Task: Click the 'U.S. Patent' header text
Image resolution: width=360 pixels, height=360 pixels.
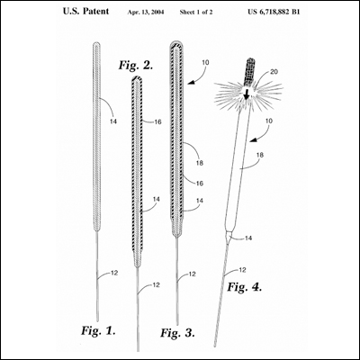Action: [x=85, y=12]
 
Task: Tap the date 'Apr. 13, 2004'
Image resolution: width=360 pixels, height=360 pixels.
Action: [x=146, y=13]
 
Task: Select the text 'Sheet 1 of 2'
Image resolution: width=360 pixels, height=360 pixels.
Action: [x=196, y=13]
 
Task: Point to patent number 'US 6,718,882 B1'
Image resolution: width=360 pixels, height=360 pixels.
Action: [x=274, y=12]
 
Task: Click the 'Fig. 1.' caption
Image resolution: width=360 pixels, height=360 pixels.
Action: [x=98, y=330]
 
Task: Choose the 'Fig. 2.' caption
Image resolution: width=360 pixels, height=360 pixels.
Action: [x=136, y=65]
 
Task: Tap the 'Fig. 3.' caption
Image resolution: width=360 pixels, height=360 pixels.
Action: [x=177, y=332]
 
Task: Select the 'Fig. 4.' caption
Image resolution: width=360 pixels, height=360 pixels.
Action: [x=245, y=287]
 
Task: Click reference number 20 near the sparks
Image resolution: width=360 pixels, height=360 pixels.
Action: [x=274, y=72]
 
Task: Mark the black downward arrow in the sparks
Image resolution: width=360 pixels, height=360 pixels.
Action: [x=247, y=94]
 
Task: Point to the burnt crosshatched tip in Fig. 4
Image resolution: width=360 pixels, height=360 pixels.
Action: [x=249, y=71]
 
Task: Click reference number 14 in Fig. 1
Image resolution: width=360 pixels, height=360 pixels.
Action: [x=113, y=121]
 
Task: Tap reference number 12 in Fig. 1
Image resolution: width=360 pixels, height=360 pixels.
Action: [x=114, y=273]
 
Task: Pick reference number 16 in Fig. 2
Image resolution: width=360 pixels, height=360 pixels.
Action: [x=157, y=121]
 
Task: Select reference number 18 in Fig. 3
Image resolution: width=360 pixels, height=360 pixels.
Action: [x=200, y=163]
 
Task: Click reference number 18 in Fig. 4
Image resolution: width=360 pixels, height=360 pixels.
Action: [x=260, y=155]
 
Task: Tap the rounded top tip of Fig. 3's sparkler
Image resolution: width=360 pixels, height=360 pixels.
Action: [x=177, y=42]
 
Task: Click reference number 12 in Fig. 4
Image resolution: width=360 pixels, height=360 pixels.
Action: [x=242, y=270]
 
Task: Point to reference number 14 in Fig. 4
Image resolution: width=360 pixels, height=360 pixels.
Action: [x=248, y=238]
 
